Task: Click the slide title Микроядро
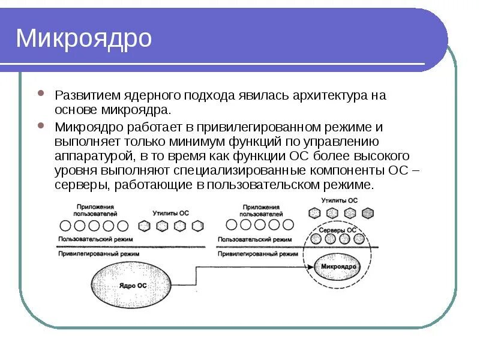(x=84, y=38)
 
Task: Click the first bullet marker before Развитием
(x=40, y=95)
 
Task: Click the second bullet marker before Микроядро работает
(x=40, y=127)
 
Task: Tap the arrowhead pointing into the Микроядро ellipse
(x=313, y=266)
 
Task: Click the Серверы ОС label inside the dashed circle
(x=337, y=230)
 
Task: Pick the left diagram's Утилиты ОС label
(x=170, y=213)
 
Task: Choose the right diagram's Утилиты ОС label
(x=339, y=200)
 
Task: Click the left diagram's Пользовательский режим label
(x=91, y=239)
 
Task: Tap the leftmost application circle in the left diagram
(x=65, y=226)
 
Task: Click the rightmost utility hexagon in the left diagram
(x=198, y=226)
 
